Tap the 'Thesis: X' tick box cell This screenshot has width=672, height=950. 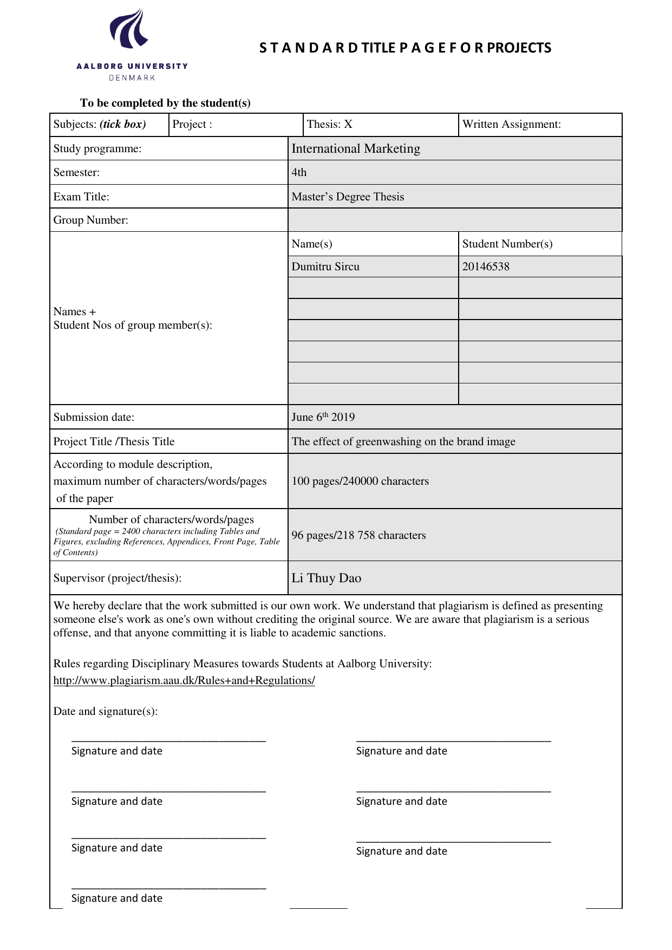329,125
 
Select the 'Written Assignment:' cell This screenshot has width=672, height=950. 511,125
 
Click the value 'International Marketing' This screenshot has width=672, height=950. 356,149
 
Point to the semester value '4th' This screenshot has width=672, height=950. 299,173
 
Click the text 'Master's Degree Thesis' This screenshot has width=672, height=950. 348,197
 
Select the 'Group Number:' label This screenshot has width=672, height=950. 90,220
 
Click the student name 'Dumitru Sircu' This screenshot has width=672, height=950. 325,267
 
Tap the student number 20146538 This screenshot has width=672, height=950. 486,267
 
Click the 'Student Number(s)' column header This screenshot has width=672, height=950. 507,244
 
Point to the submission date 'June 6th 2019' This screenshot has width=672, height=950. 323,417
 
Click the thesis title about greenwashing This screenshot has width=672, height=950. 403,442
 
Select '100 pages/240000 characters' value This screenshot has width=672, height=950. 360,481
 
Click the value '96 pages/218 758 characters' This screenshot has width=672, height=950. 358,536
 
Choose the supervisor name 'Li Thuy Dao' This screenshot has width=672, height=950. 326,578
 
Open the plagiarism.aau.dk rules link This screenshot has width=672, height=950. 184,681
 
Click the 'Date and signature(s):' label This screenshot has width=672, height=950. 106,712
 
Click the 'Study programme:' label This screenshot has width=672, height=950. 97,149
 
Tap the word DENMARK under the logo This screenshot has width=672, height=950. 132,78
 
